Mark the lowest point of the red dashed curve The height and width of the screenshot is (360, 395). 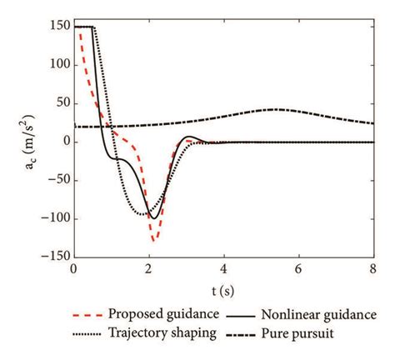pos(153,241)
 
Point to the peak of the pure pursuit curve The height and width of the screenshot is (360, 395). pos(277,109)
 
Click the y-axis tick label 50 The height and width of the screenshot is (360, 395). pos(58,104)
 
